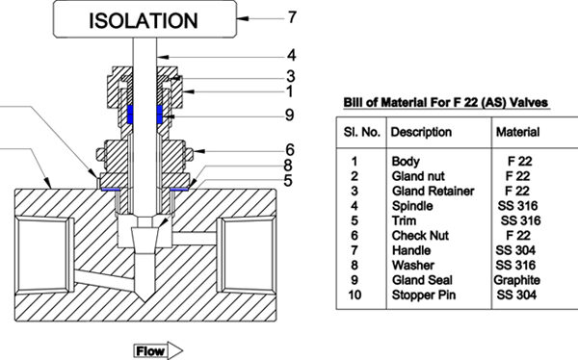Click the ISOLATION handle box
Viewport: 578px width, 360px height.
coord(144,19)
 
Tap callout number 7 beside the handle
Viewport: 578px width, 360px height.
coord(292,17)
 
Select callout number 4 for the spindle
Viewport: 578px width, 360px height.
coord(292,55)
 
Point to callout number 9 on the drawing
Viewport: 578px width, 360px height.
coord(290,115)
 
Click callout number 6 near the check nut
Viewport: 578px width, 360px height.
coord(290,150)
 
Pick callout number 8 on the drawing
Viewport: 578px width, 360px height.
coord(288,165)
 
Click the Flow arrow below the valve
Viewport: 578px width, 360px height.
coord(158,350)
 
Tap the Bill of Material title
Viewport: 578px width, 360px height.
coord(446,102)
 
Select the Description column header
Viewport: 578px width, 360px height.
coord(421,132)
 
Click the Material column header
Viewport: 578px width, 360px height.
coord(517,132)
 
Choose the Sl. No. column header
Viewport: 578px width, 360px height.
coord(362,132)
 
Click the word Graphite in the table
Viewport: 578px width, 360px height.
coord(516,280)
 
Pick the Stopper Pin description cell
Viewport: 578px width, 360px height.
coord(424,296)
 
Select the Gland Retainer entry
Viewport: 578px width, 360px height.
coord(433,192)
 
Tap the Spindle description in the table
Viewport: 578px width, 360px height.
coord(412,206)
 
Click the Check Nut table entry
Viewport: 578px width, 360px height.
coord(420,236)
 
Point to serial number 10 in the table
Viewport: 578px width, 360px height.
coord(355,296)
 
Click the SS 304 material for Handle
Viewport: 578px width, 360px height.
coord(515,250)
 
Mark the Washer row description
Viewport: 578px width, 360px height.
coord(413,266)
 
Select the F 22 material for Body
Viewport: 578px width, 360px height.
coord(520,162)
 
